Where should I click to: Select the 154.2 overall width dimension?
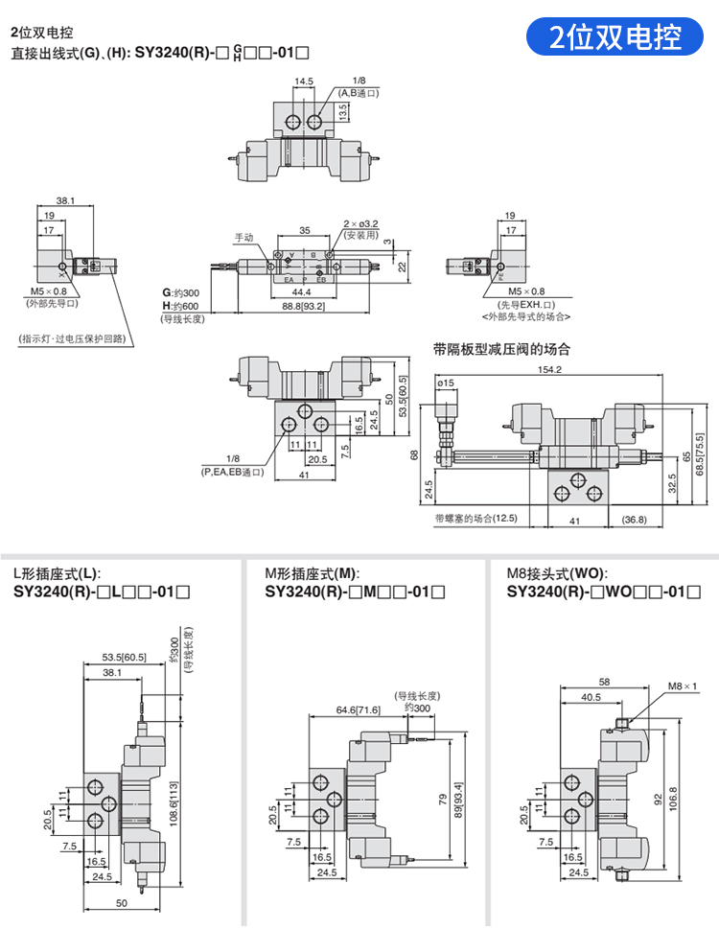pos(549,369)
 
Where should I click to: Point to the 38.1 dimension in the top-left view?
pos(65,201)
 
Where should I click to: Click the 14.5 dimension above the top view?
pos(305,81)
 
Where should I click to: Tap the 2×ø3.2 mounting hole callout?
pos(361,223)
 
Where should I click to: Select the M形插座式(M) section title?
pos(312,572)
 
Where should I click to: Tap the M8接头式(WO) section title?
pos(555,572)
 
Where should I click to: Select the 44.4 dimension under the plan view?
pos(302,290)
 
